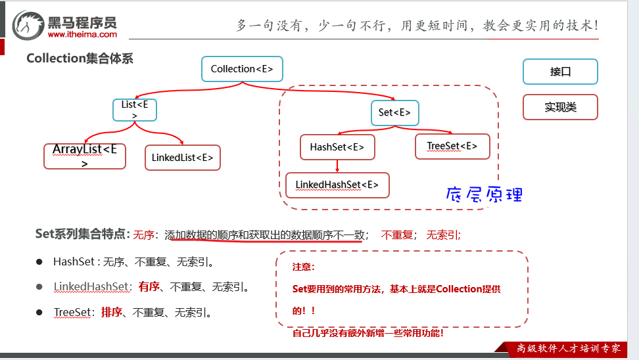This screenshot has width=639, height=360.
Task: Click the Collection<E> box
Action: [242, 69]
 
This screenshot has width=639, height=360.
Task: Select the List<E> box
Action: [135, 110]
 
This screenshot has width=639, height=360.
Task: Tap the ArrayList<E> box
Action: [84, 156]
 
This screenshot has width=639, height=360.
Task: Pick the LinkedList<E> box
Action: [182, 158]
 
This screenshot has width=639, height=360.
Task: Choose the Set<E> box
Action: [394, 112]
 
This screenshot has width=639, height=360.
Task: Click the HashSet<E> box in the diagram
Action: [337, 147]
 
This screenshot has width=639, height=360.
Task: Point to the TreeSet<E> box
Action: [452, 146]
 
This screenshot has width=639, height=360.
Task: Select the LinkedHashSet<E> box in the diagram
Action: [337, 185]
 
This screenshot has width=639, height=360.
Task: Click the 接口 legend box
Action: [560, 72]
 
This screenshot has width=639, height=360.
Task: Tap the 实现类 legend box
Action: [560, 107]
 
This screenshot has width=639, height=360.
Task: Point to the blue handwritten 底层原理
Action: [484, 194]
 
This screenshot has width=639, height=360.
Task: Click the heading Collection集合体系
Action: [80, 58]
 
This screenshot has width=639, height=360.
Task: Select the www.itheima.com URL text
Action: [82, 35]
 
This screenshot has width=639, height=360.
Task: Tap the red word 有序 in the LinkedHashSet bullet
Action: [149, 286]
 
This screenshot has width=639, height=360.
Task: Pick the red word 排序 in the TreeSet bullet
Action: [112, 312]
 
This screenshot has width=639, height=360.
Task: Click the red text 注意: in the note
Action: [304, 267]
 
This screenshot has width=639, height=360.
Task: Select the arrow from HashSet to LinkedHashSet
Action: [337, 166]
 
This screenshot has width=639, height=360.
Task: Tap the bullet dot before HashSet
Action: [39, 261]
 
